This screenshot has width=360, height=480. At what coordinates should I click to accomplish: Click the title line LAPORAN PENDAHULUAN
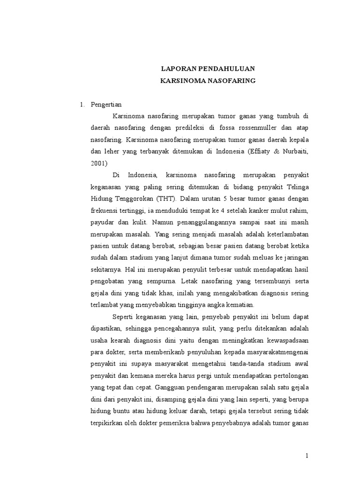208,68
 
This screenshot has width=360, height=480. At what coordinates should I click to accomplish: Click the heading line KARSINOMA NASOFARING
208,81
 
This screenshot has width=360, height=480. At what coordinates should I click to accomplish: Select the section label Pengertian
106,105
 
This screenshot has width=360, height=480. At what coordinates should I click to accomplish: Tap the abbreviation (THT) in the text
166,198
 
